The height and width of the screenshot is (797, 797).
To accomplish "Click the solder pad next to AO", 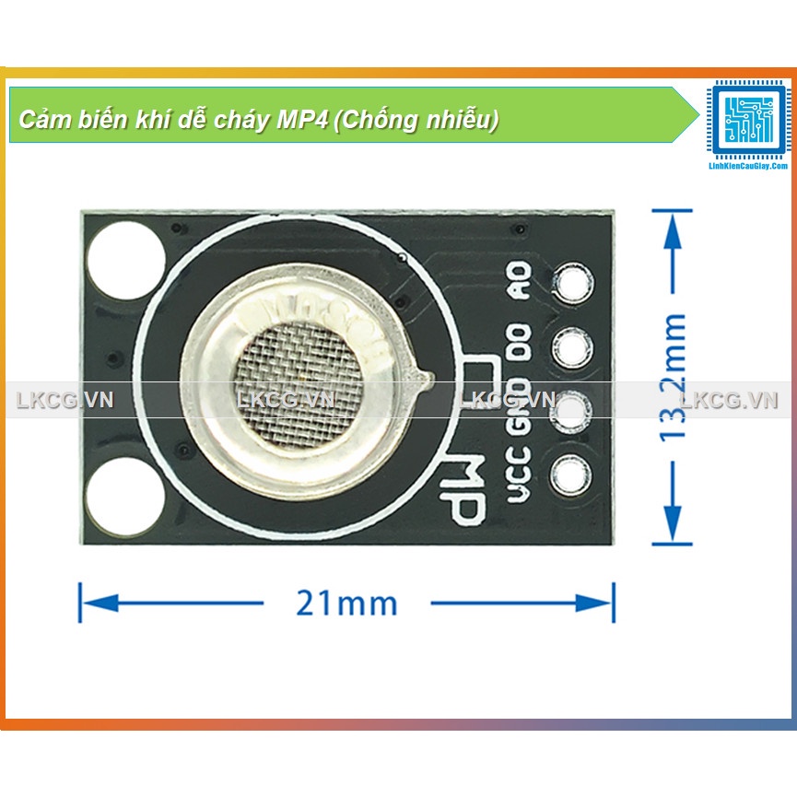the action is click(571, 284).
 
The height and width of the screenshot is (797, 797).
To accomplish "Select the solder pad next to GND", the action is click(571, 410).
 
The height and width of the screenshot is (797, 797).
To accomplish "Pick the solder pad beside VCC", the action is click(571, 475).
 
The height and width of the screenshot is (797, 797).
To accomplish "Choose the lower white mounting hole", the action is click(125, 494).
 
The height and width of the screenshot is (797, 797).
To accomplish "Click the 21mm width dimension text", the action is click(346, 604).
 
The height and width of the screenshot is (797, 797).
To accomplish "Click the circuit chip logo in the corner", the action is click(747, 119).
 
